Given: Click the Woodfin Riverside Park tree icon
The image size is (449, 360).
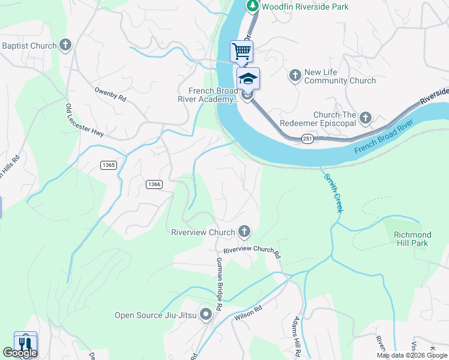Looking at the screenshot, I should [253, 6].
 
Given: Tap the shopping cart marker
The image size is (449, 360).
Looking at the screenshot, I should [241, 51].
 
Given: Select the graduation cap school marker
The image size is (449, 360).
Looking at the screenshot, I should [248, 79].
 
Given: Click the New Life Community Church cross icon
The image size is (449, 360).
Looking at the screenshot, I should [295, 76].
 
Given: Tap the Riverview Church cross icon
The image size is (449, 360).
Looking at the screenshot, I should [244, 232].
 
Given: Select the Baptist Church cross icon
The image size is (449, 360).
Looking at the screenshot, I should [65, 45].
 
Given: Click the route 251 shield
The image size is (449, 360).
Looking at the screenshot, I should [308, 139].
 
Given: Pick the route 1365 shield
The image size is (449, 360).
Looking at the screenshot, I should [109, 165].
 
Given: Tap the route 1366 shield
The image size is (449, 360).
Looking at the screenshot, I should [153, 184].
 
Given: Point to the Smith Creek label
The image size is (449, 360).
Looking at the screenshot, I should [333, 193].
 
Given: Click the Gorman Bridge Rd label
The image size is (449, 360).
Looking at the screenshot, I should [219, 283].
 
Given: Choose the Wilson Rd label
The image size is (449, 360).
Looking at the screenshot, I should [249, 313].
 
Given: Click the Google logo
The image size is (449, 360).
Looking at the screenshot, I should [20, 353].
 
